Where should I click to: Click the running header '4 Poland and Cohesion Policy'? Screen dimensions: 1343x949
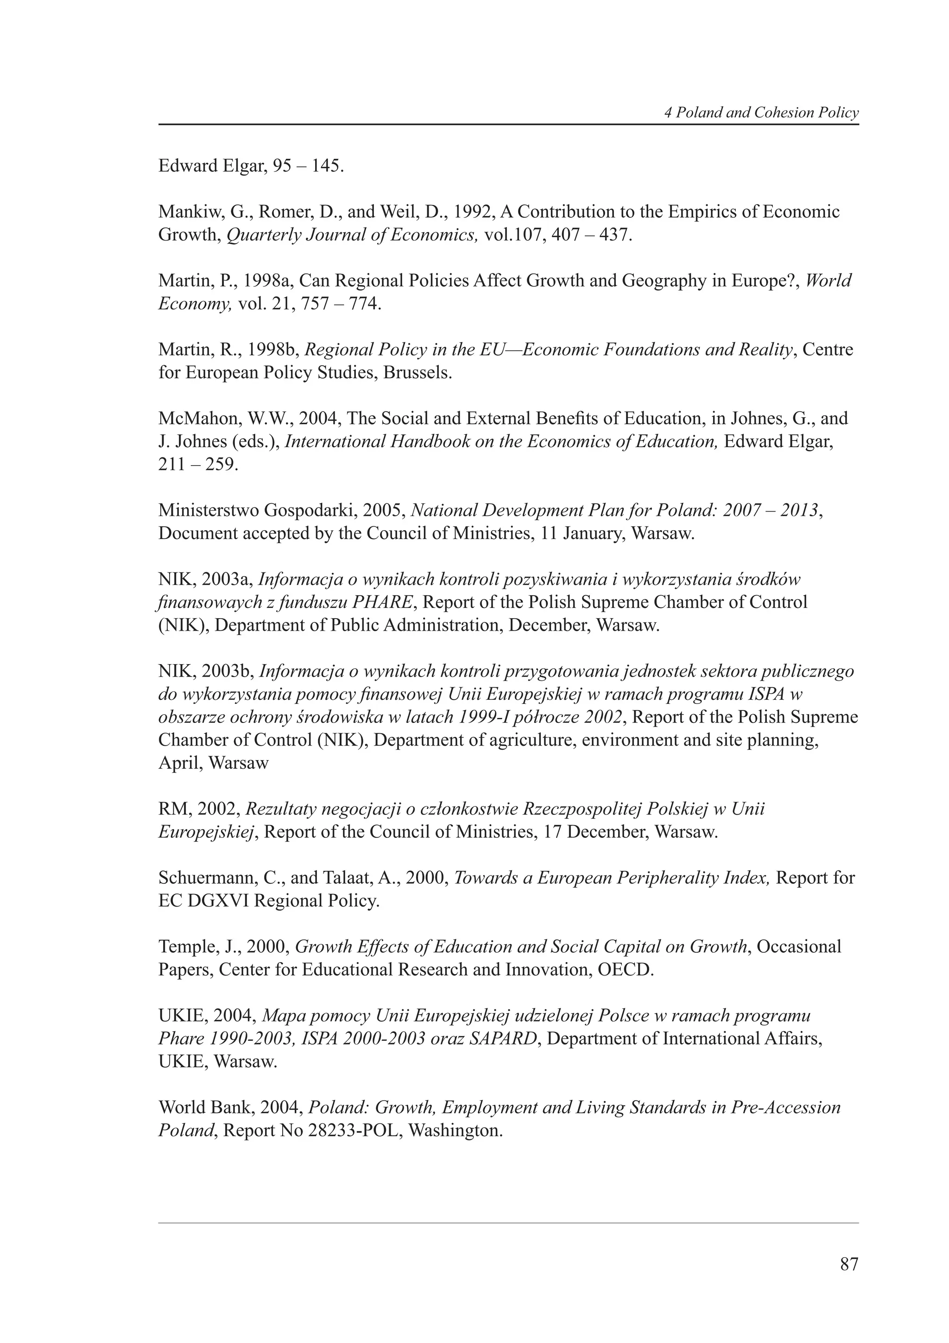[761, 113]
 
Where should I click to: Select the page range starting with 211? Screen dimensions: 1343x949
[198, 464]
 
